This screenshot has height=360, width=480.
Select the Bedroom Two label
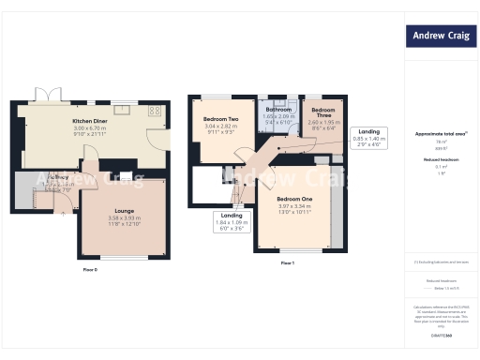221,120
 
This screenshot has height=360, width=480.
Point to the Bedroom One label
294,200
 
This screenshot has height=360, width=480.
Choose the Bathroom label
278,110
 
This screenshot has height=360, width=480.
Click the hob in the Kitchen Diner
155,111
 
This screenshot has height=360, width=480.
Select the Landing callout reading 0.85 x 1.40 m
368,138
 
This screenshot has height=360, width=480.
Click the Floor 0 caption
90,270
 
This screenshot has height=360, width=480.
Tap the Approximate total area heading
438,134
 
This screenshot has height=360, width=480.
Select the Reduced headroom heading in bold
440,159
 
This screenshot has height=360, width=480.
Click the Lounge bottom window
124,258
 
